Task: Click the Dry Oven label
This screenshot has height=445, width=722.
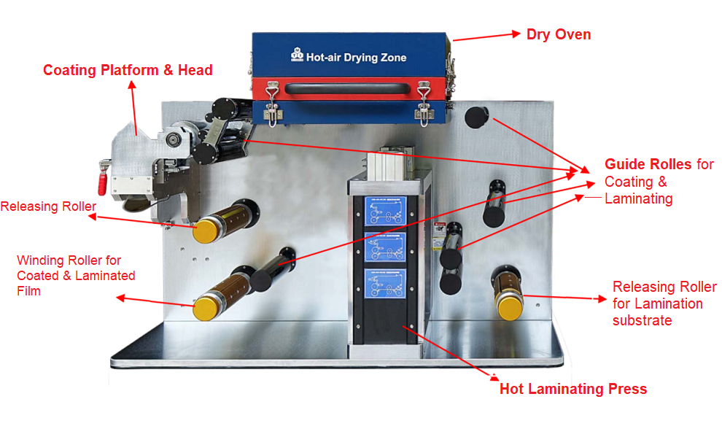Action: coord(558,34)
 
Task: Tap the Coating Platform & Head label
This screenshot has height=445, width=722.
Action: coord(128,70)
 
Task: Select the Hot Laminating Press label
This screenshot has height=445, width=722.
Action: coord(573,389)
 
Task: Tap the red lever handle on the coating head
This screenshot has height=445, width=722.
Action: coord(104,177)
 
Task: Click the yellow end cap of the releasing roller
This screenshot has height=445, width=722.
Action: coord(206,233)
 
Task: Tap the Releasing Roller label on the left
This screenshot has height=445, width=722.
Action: coord(48,206)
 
